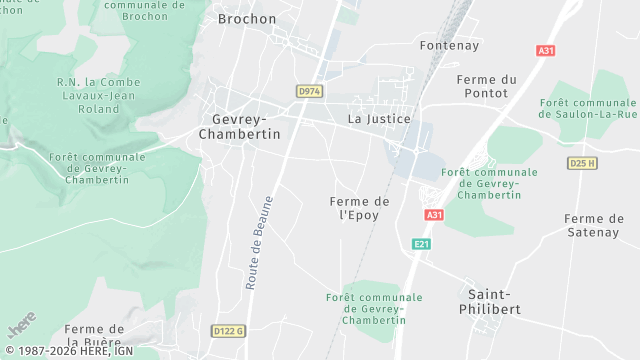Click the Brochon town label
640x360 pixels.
click(x=246, y=19)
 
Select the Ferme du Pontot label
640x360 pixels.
click(x=486, y=86)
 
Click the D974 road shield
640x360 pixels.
click(x=309, y=91)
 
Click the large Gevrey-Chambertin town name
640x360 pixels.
click(x=240, y=125)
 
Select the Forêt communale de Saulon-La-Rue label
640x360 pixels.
click(x=588, y=108)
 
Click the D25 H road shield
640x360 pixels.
click(x=582, y=163)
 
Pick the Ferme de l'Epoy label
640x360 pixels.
click(x=359, y=208)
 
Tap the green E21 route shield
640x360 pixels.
click(x=421, y=244)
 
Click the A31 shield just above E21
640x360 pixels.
click(x=433, y=215)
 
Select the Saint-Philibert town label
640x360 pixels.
click(x=494, y=301)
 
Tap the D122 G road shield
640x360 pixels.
click(x=228, y=330)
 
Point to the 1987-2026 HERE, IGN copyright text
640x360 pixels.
click(x=68, y=351)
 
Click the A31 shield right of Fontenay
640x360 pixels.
click(x=545, y=51)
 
